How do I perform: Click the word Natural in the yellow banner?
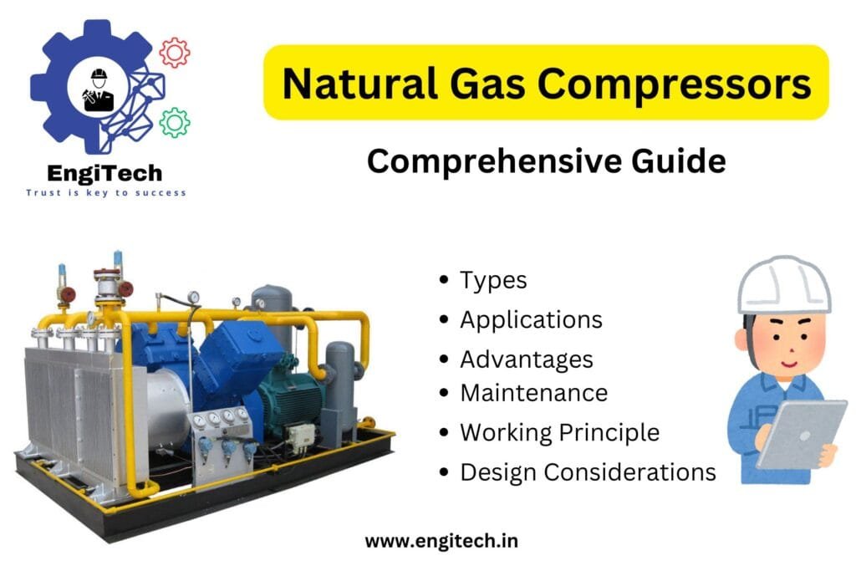(359, 84)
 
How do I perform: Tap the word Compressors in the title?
(675, 84)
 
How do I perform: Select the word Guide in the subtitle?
(679, 161)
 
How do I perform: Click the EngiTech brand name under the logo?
(104, 174)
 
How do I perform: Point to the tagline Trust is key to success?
(106, 192)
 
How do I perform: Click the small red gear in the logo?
(175, 53)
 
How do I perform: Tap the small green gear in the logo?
(175, 122)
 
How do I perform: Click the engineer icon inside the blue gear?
(99, 89)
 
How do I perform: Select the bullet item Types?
(493, 281)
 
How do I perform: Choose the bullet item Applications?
(531, 320)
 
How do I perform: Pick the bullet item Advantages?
(527, 359)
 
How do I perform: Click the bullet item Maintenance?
(533, 393)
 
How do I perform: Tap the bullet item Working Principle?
(559, 433)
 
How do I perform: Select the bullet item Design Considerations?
(588, 472)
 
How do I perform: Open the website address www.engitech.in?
(441, 541)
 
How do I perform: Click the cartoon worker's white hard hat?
(784, 287)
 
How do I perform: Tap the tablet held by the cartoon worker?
(802, 435)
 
